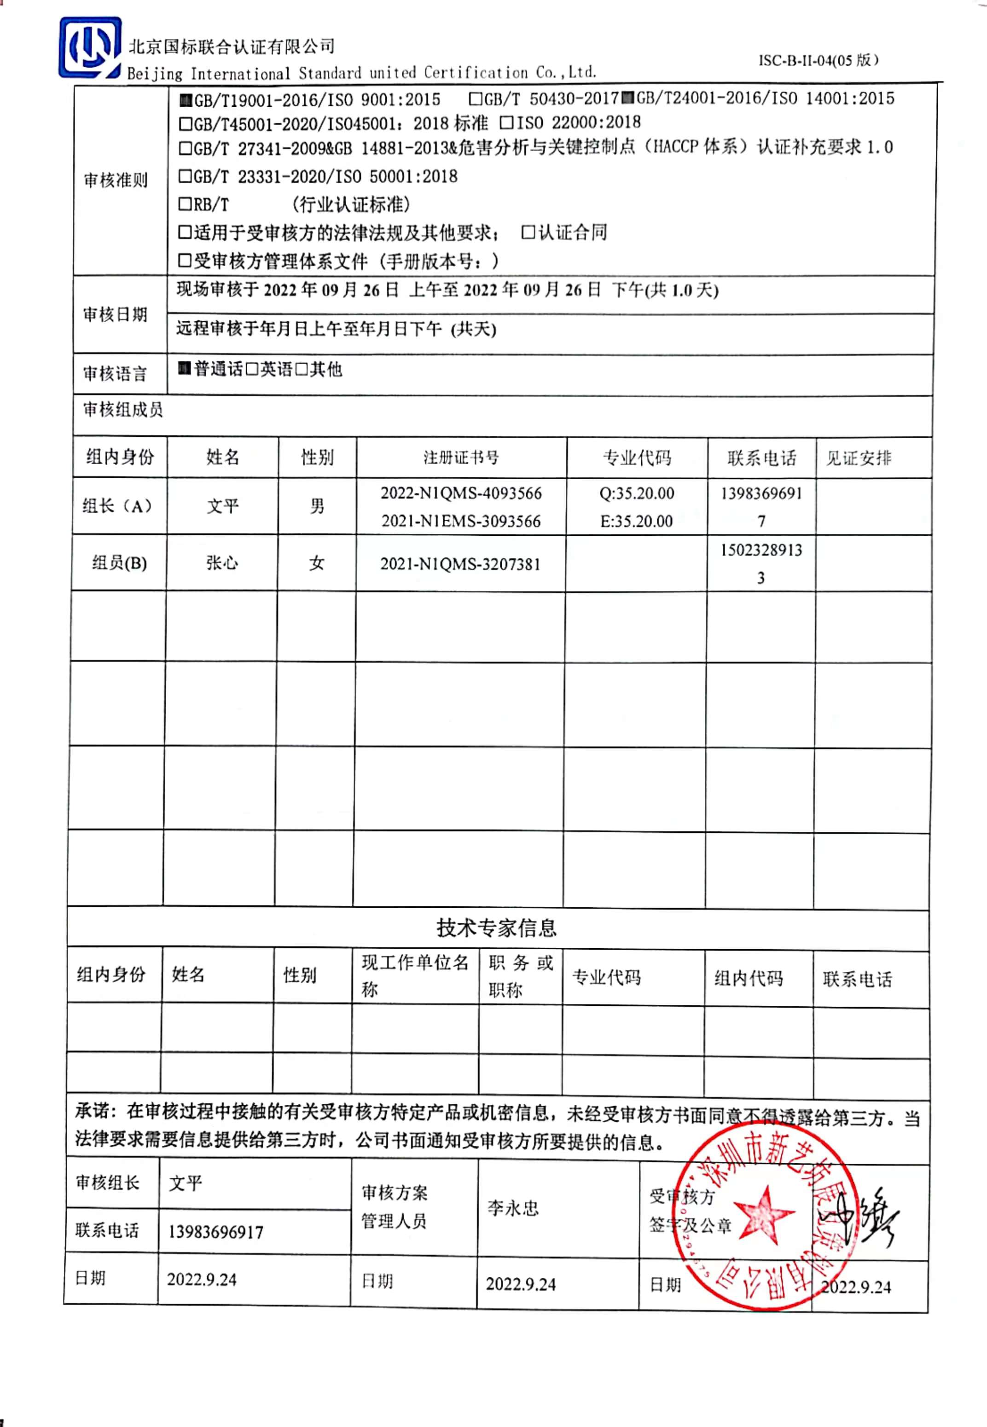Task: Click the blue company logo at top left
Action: tap(90, 47)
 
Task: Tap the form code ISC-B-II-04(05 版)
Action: tap(818, 60)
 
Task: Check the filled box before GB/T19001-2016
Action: tap(185, 99)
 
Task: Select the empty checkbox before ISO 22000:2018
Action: tap(506, 122)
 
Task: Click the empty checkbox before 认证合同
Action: tap(528, 232)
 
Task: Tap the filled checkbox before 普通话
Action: tap(184, 369)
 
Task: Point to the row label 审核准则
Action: tap(116, 180)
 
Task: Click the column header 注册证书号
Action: tap(461, 458)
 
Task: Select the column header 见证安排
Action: tap(859, 458)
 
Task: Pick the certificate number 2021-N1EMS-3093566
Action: tap(461, 521)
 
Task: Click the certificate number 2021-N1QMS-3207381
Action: tap(460, 564)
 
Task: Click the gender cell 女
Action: tap(317, 563)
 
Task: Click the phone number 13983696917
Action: tap(216, 1232)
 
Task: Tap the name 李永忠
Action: tap(513, 1208)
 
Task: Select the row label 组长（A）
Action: tap(117, 506)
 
